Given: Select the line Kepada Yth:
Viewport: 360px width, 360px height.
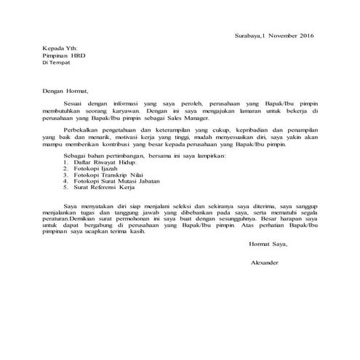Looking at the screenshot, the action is pyautogui.click(x=58, y=47).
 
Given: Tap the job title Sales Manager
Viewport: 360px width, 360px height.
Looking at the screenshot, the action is pyautogui.click(x=188, y=117).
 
